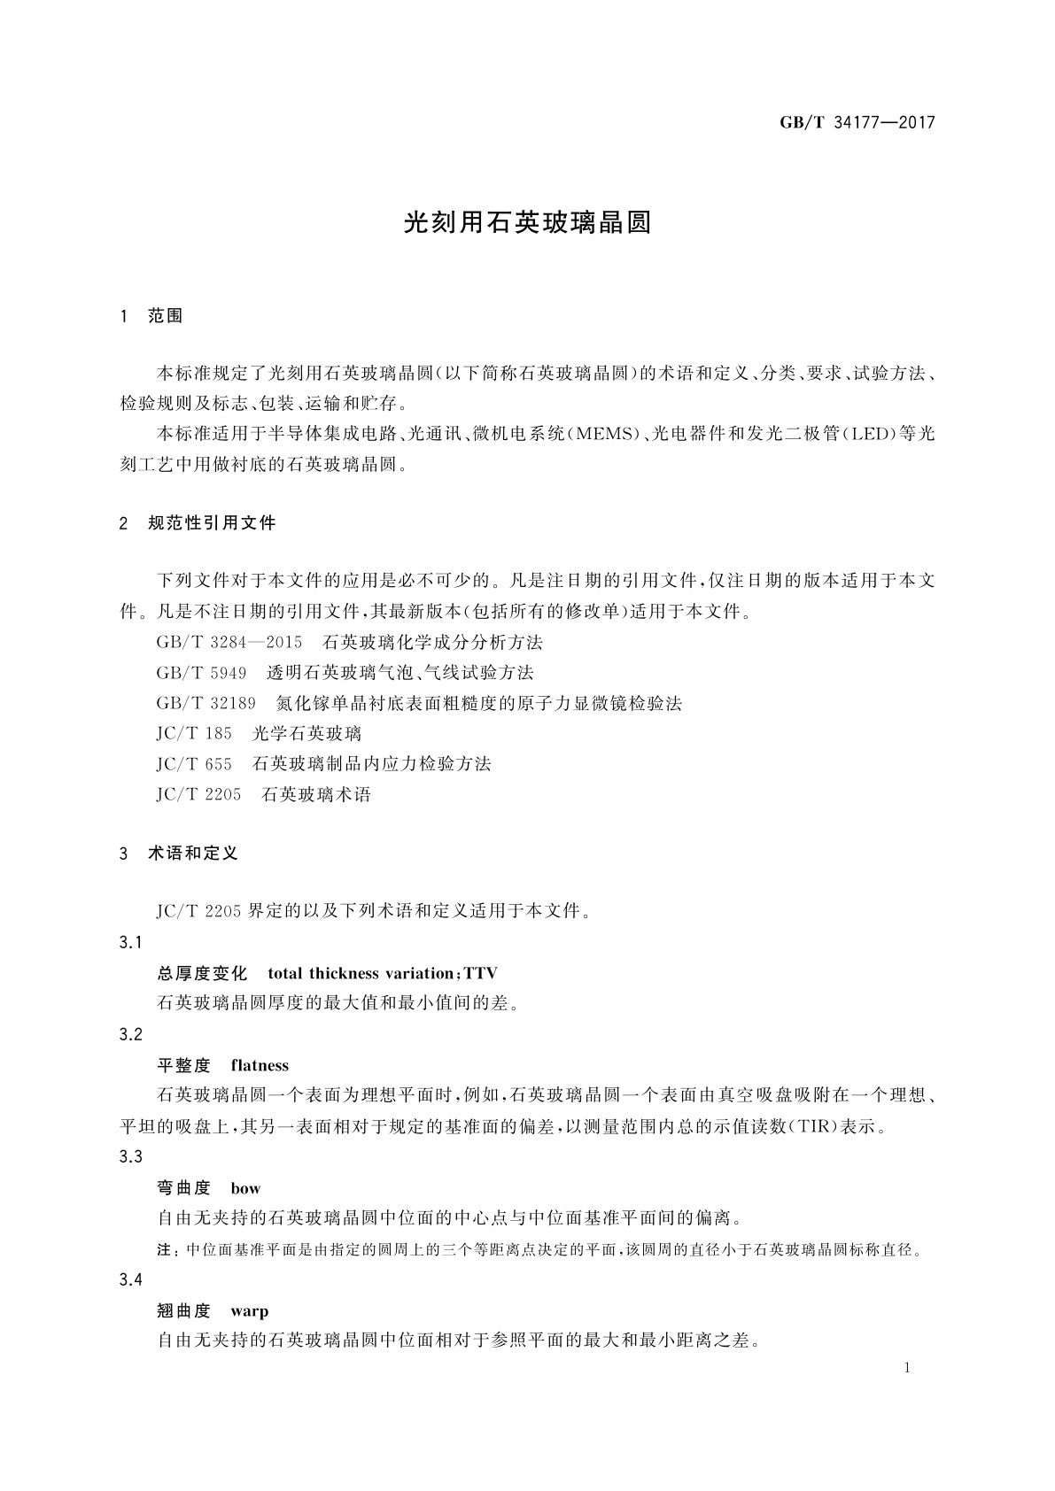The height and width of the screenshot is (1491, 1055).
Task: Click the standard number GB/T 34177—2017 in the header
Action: pyautogui.click(x=857, y=122)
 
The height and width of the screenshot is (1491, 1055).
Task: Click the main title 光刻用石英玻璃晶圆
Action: pyautogui.click(x=527, y=222)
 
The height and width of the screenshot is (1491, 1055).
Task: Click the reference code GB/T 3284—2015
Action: pyautogui.click(x=229, y=642)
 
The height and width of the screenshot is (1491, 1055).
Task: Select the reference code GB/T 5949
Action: pyautogui.click(x=201, y=673)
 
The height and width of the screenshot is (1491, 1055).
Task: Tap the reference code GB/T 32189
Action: pyautogui.click(x=206, y=703)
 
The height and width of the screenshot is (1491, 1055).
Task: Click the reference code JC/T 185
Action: pyautogui.click(x=194, y=733)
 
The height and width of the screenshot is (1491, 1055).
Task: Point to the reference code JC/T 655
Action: pyautogui.click(x=194, y=763)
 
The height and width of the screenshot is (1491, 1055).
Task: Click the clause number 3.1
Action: pyautogui.click(x=130, y=942)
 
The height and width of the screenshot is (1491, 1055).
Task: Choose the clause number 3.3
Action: pyautogui.click(x=130, y=1156)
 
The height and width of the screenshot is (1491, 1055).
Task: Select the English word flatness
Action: pyautogui.click(x=260, y=1065)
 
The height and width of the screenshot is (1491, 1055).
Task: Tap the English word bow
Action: pyautogui.click(x=245, y=1188)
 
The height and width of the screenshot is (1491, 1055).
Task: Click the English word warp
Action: pyautogui.click(x=249, y=1310)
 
